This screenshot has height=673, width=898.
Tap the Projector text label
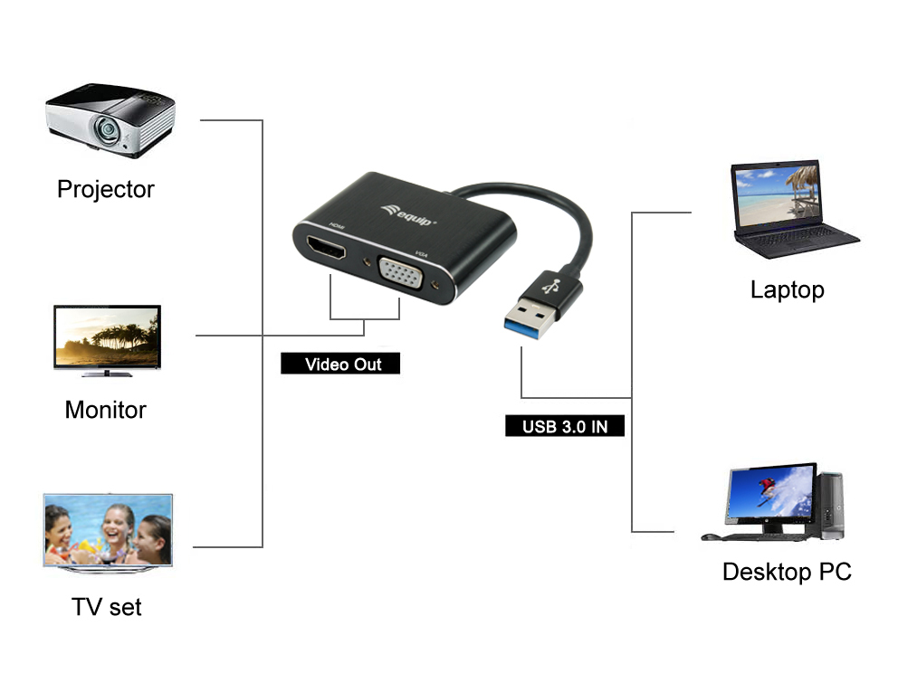[x=105, y=189]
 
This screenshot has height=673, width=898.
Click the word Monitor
[x=105, y=410]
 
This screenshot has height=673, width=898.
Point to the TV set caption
[x=107, y=607]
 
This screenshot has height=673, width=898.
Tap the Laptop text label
[x=787, y=290]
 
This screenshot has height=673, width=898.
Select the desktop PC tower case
[x=830, y=506]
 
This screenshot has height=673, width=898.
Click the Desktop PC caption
[x=787, y=573]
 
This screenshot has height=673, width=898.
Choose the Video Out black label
[x=340, y=365]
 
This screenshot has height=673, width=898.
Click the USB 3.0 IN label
[x=565, y=426]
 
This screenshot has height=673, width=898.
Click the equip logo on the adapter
[x=408, y=213]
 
